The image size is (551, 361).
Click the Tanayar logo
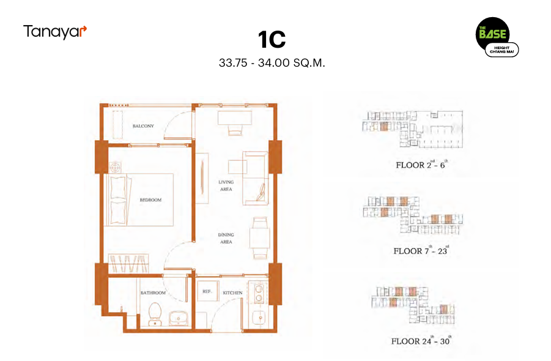55,32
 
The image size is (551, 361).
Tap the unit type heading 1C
272,39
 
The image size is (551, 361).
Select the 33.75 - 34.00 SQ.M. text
272,63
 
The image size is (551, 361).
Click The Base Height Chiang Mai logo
497,37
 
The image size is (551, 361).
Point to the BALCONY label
143,126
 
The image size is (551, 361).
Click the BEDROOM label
150,200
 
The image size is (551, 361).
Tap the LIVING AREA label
226,185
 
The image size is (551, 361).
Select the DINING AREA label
226,239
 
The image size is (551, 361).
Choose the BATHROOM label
153,293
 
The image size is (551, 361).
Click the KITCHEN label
232,293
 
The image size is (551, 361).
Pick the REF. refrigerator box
207,291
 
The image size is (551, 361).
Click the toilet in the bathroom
155,314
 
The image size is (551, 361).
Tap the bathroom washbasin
179,318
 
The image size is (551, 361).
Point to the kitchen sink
261,318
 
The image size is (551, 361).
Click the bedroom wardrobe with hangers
128,263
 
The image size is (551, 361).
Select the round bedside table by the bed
115,168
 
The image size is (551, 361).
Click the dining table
259,238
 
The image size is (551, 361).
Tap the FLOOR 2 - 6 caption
421,165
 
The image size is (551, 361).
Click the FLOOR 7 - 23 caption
421,250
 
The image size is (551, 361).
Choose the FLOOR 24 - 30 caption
421,341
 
